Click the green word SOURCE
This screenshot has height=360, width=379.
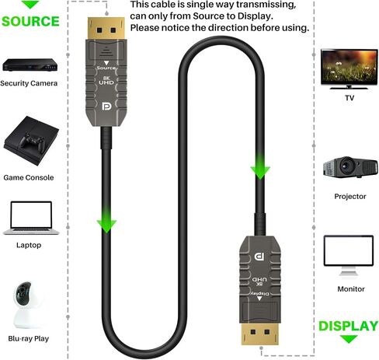(x=30, y=21)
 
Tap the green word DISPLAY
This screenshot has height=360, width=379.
(x=349, y=326)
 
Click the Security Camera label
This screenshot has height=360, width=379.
(x=29, y=83)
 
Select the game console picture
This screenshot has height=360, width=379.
(x=31, y=141)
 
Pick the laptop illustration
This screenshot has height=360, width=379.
(x=31, y=218)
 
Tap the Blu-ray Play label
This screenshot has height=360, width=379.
(x=29, y=338)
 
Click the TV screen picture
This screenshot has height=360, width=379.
(x=349, y=69)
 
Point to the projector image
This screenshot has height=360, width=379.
(x=350, y=167)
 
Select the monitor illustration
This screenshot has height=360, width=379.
(x=349, y=255)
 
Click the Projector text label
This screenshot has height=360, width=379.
(x=350, y=196)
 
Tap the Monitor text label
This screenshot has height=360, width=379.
(x=351, y=288)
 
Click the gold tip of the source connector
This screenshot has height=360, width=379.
(x=106, y=29)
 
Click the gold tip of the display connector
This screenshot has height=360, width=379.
(x=260, y=334)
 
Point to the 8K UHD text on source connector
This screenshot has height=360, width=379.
(x=106, y=80)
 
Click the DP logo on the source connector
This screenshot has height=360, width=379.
(x=106, y=107)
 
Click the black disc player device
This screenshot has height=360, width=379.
(x=30, y=65)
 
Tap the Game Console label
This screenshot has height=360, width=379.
(x=29, y=177)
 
